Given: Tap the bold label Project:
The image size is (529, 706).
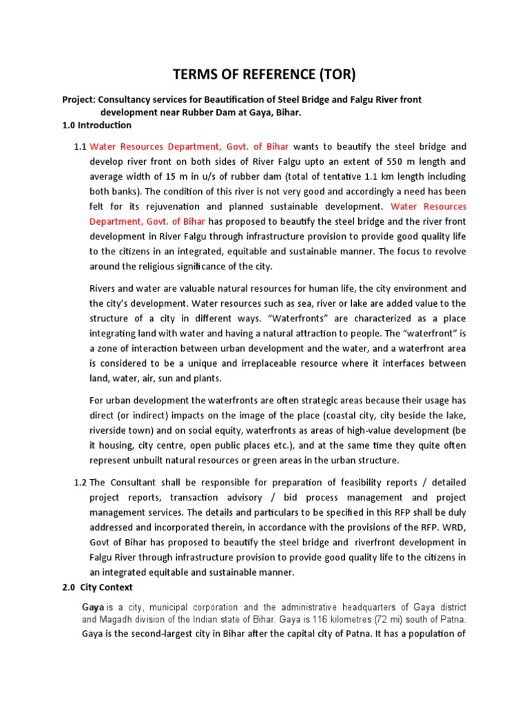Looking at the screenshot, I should pos(81,100).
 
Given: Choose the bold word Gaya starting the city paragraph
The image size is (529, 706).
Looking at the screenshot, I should pos(93,607).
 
